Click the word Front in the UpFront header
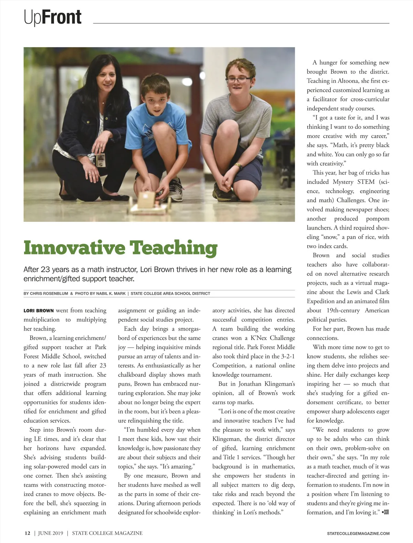pyautogui.click(x=62, y=17)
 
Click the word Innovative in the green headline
pyautogui.click(x=74, y=248)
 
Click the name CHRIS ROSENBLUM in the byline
pyautogui.click(x=49, y=293)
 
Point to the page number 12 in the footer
pyautogui.click(x=27, y=533)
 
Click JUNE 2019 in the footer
pyautogui.click(x=51, y=533)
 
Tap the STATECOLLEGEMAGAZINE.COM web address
pyautogui.click(x=358, y=533)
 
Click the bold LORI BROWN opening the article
pyautogui.click(x=39, y=311)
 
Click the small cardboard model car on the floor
pyautogui.click(x=148, y=203)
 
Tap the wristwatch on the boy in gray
pyautogui.click(x=239, y=166)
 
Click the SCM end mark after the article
pyautogui.click(x=385, y=512)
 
